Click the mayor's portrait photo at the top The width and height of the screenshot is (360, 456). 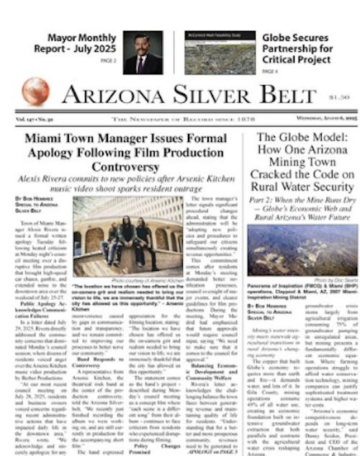pos(142,53)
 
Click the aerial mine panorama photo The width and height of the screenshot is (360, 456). pos(294,251)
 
